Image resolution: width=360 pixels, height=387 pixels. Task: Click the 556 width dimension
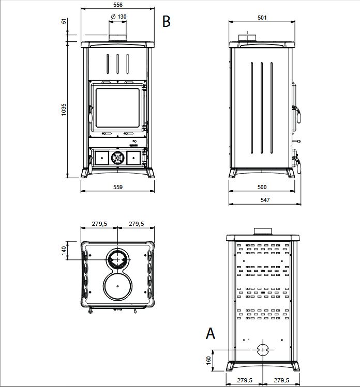[x=118, y=5]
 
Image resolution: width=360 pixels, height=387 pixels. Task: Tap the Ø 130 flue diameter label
[x=118, y=17]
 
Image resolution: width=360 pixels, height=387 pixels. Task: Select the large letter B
[x=166, y=21]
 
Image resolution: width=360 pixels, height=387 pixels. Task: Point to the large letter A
[x=211, y=333]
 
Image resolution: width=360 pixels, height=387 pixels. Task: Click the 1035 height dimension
[x=64, y=110]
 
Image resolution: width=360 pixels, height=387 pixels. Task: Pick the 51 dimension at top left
[x=64, y=21]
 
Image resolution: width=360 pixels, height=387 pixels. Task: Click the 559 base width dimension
[x=118, y=187]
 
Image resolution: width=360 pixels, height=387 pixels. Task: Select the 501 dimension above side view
[x=262, y=18]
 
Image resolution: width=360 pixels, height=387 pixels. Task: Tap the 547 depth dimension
[x=265, y=200]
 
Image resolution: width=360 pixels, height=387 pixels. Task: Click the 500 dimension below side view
[x=262, y=187]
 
